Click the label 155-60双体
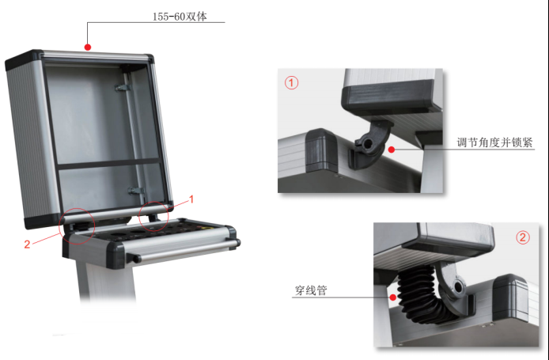pos(180,17)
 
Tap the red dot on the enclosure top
pos(88,47)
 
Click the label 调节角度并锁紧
pos(494,142)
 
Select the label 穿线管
pos(311,290)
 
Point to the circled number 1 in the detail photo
pos(291,83)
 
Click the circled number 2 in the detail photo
pos(523,237)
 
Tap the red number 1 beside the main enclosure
pos(191,199)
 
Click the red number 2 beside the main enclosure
pos(27,244)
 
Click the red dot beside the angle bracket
pos(392,150)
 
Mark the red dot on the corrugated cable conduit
pos(393,297)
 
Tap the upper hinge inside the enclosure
pos(123,87)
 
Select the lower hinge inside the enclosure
pos(136,191)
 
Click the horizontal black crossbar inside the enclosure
pos(108,164)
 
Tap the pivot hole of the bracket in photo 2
pos(458,287)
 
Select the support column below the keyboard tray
pos(106,280)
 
